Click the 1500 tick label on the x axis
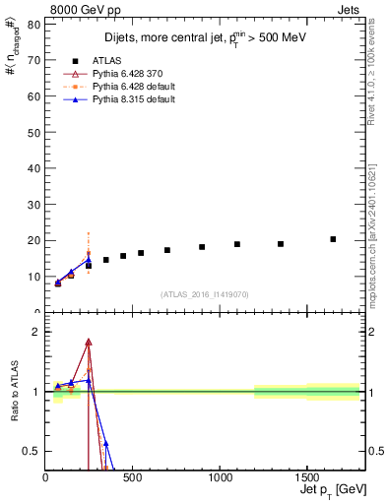click(x=306, y=478)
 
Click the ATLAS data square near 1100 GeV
click(x=237, y=244)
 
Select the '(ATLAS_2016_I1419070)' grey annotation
click(x=204, y=293)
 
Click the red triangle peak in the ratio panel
click(x=89, y=343)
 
